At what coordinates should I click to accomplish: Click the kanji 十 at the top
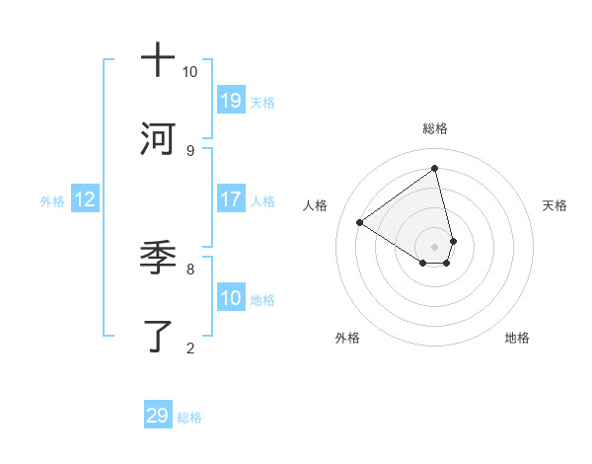click(158, 61)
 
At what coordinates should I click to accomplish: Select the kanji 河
click(158, 139)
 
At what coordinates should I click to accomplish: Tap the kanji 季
click(158, 260)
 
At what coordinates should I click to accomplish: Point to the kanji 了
click(158, 336)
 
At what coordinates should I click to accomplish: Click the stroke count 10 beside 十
click(189, 72)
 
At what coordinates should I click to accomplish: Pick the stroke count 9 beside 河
click(189, 150)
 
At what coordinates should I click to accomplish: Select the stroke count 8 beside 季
click(189, 269)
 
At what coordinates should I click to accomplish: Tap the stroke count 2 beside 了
click(189, 347)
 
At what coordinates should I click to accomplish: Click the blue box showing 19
click(231, 100)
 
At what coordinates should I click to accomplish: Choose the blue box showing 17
click(231, 199)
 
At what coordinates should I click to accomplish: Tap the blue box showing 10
click(231, 298)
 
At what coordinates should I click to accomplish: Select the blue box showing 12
click(85, 199)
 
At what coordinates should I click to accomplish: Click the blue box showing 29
click(158, 416)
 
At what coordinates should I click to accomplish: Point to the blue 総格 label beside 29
click(189, 418)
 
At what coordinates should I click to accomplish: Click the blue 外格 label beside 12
click(52, 201)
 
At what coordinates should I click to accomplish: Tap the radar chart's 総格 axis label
click(435, 128)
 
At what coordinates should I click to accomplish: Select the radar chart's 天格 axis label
click(555, 205)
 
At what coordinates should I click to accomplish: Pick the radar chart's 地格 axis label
click(517, 338)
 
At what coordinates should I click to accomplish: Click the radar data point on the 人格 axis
click(360, 222)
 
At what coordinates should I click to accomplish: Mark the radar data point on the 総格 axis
click(435, 169)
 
